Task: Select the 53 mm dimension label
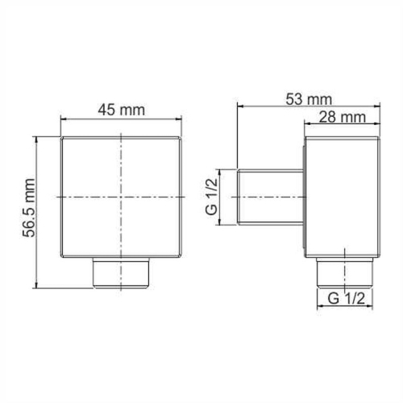[309, 99]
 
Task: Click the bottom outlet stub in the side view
[344, 273]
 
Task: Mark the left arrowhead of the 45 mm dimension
[64, 122]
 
